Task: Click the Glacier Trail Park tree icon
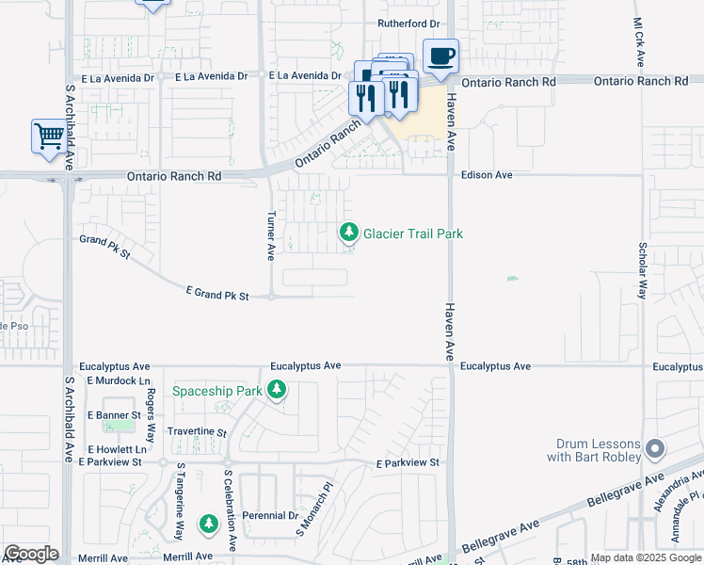pyautogui.click(x=349, y=232)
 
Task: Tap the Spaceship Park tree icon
pyautogui.click(x=276, y=389)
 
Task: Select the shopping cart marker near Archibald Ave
pyautogui.click(x=48, y=136)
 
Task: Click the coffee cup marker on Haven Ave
pyautogui.click(x=440, y=56)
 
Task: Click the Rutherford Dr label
pyautogui.click(x=408, y=23)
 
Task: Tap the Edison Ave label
pyautogui.click(x=486, y=175)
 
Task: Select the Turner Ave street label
pyautogui.click(x=270, y=235)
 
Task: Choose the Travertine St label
pyautogui.click(x=197, y=432)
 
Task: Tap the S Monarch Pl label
pyautogui.click(x=315, y=511)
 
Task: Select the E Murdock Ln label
pyautogui.click(x=118, y=380)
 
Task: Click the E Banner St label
pyautogui.click(x=114, y=414)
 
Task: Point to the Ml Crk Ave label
pyautogui.click(x=639, y=41)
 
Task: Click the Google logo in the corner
pyautogui.click(x=31, y=554)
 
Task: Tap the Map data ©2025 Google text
pyautogui.click(x=646, y=557)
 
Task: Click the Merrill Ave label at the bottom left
pyautogui.click(x=104, y=557)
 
